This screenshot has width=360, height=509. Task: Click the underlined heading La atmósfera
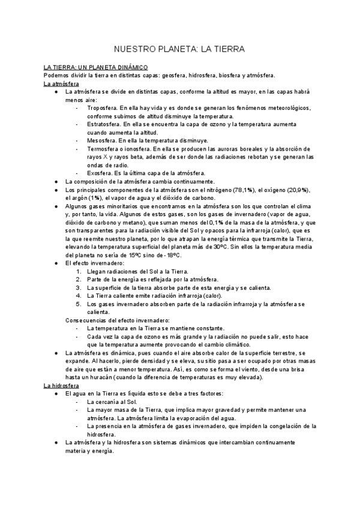tap(61, 84)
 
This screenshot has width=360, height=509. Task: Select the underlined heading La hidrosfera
tap(62, 385)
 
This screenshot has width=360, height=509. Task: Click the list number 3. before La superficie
tap(79, 288)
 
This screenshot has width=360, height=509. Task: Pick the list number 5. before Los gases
tap(79, 304)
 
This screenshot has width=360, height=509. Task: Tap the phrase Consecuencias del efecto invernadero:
tap(117, 321)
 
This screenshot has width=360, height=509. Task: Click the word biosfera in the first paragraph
tap(214, 76)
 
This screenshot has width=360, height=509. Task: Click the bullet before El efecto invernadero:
tap(55, 263)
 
